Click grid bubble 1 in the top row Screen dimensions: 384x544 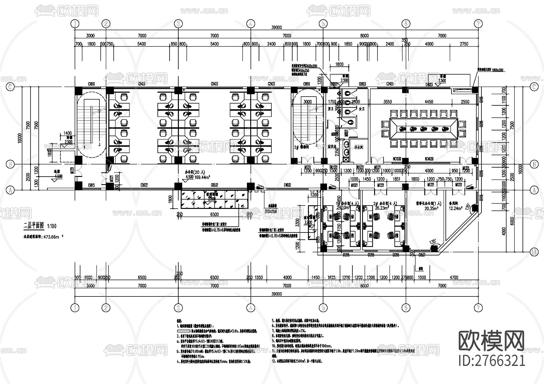pyautogui.click(x=75, y=24)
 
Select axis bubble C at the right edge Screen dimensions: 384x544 pyautogui.click(x=534, y=87)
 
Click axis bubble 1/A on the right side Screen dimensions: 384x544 pyautogui.click(x=534, y=251)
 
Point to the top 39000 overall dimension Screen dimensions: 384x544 pyautogui.click(x=276, y=27)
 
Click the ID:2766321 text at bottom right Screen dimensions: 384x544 pyautogui.click(x=492, y=360)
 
